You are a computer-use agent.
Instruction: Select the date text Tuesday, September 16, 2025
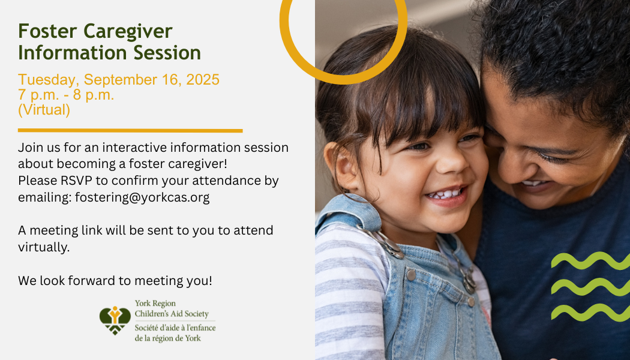point(119,80)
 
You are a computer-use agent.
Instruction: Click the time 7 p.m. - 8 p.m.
point(66,95)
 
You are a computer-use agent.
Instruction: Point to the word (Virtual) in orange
point(44,110)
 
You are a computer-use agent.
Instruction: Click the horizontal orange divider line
point(130,130)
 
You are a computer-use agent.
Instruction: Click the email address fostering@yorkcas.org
point(142,197)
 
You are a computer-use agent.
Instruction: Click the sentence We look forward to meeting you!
point(115,280)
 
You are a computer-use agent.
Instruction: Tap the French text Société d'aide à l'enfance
point(175,328)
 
